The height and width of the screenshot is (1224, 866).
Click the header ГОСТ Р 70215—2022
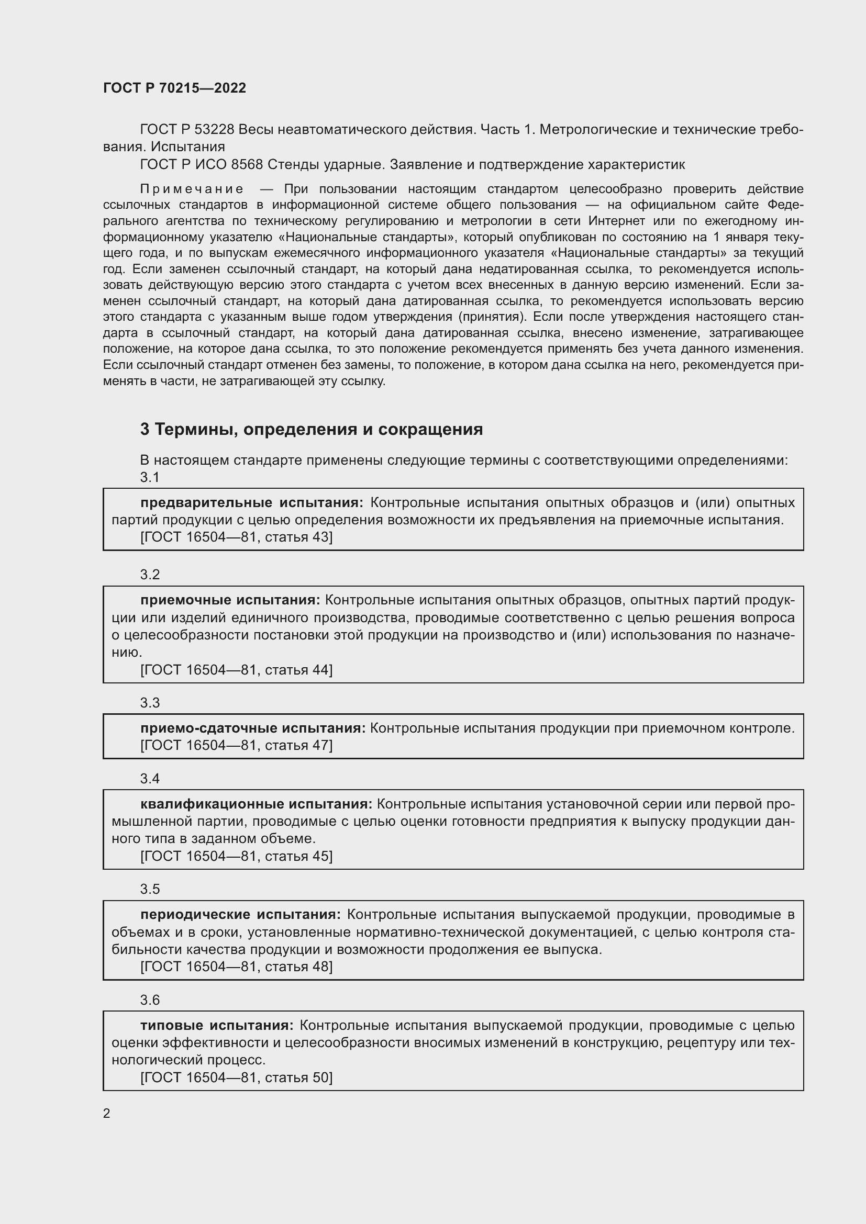(174, 88)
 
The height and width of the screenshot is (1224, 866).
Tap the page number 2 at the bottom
(107, 1113)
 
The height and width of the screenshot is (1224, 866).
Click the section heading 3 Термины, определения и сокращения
(311, 429)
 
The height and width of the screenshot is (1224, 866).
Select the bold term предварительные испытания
(251, 503)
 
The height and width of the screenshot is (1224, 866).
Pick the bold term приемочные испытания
(230, 600)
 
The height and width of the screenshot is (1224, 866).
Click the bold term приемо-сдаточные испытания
(253, 728)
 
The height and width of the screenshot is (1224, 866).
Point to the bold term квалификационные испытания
(256, 804)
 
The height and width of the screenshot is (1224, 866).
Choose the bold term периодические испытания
(240, 915)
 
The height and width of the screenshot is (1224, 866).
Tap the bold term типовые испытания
(217, 1026)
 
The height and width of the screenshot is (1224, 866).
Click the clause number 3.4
(150, 779)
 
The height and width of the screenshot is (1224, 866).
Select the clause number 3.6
(150, 1000)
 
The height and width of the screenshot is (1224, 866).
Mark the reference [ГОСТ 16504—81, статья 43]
(236, 537)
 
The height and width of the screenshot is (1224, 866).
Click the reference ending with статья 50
(236, 1077)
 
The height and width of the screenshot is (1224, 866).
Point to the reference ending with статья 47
(236, 745)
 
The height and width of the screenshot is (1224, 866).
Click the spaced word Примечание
(192, 189)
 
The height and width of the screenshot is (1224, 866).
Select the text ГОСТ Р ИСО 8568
(201, 165)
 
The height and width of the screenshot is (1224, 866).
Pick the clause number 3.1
(150, 477)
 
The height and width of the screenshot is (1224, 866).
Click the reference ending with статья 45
(236, 856)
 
